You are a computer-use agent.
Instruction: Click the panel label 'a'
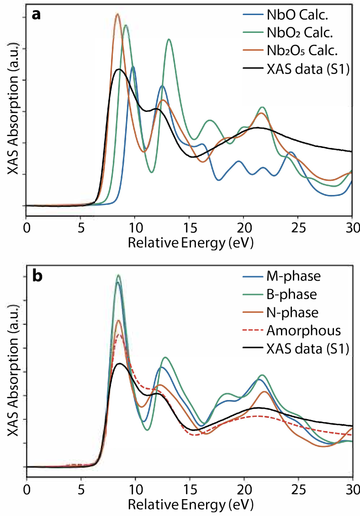(36, 14)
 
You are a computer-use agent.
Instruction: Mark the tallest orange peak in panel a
(117, 14)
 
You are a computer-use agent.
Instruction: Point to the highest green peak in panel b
(118, 275)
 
